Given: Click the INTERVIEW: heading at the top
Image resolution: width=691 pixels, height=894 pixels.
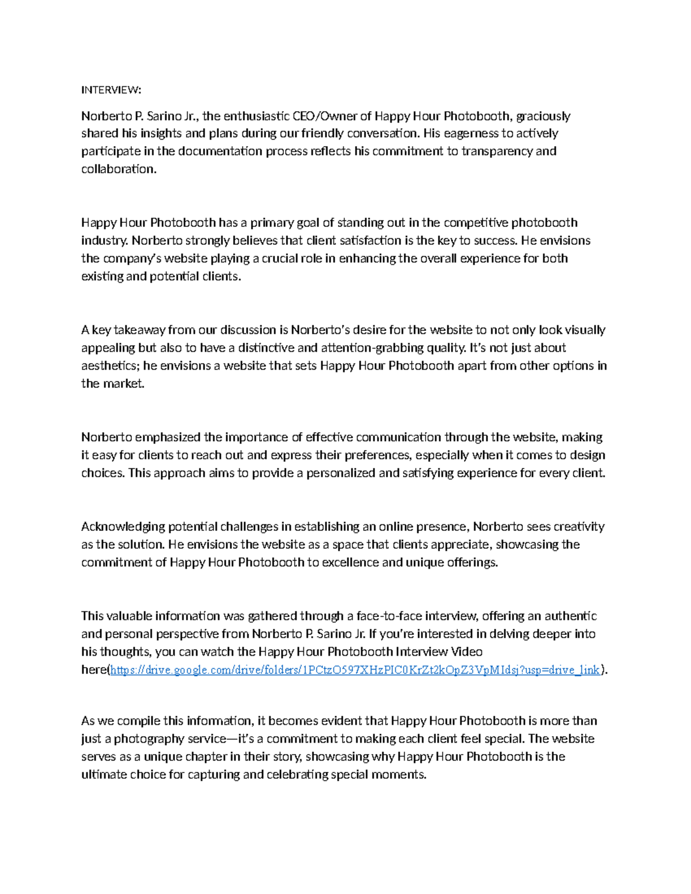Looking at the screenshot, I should click(x=111, y=90).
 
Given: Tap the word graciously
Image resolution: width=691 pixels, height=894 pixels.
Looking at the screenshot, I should click(x=543, y=116).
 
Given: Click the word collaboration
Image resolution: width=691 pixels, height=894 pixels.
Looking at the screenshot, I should click(x=119, y=169).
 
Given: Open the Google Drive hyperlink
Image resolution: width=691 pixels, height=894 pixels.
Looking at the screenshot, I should click(x=355, y=670).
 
